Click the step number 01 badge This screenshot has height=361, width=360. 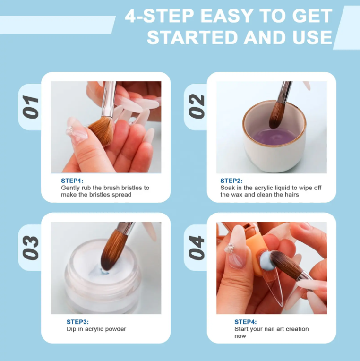click(x=31, y=107)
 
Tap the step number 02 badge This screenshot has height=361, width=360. click(x=197, y=107)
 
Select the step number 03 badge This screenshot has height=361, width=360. click(x=31, y=248)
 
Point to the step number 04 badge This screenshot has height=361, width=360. click(x=197, y=248)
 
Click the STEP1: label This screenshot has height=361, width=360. click(x=72, y=180)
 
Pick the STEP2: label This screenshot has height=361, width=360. click(x=231, y=180)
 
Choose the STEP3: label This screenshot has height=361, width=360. click(x=77, y=322)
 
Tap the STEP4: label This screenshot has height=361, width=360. click(x=246, y=322)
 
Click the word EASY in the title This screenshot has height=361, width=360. click(x=227, y=16)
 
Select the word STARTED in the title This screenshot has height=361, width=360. click(x=192, y=37)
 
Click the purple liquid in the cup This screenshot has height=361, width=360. click(x=274, y=137)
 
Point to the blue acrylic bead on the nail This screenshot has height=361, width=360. click(x=267, y=261)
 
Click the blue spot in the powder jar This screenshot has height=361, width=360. click(x=104, y=272)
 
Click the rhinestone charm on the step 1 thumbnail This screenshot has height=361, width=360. click(x=70, y=131)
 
